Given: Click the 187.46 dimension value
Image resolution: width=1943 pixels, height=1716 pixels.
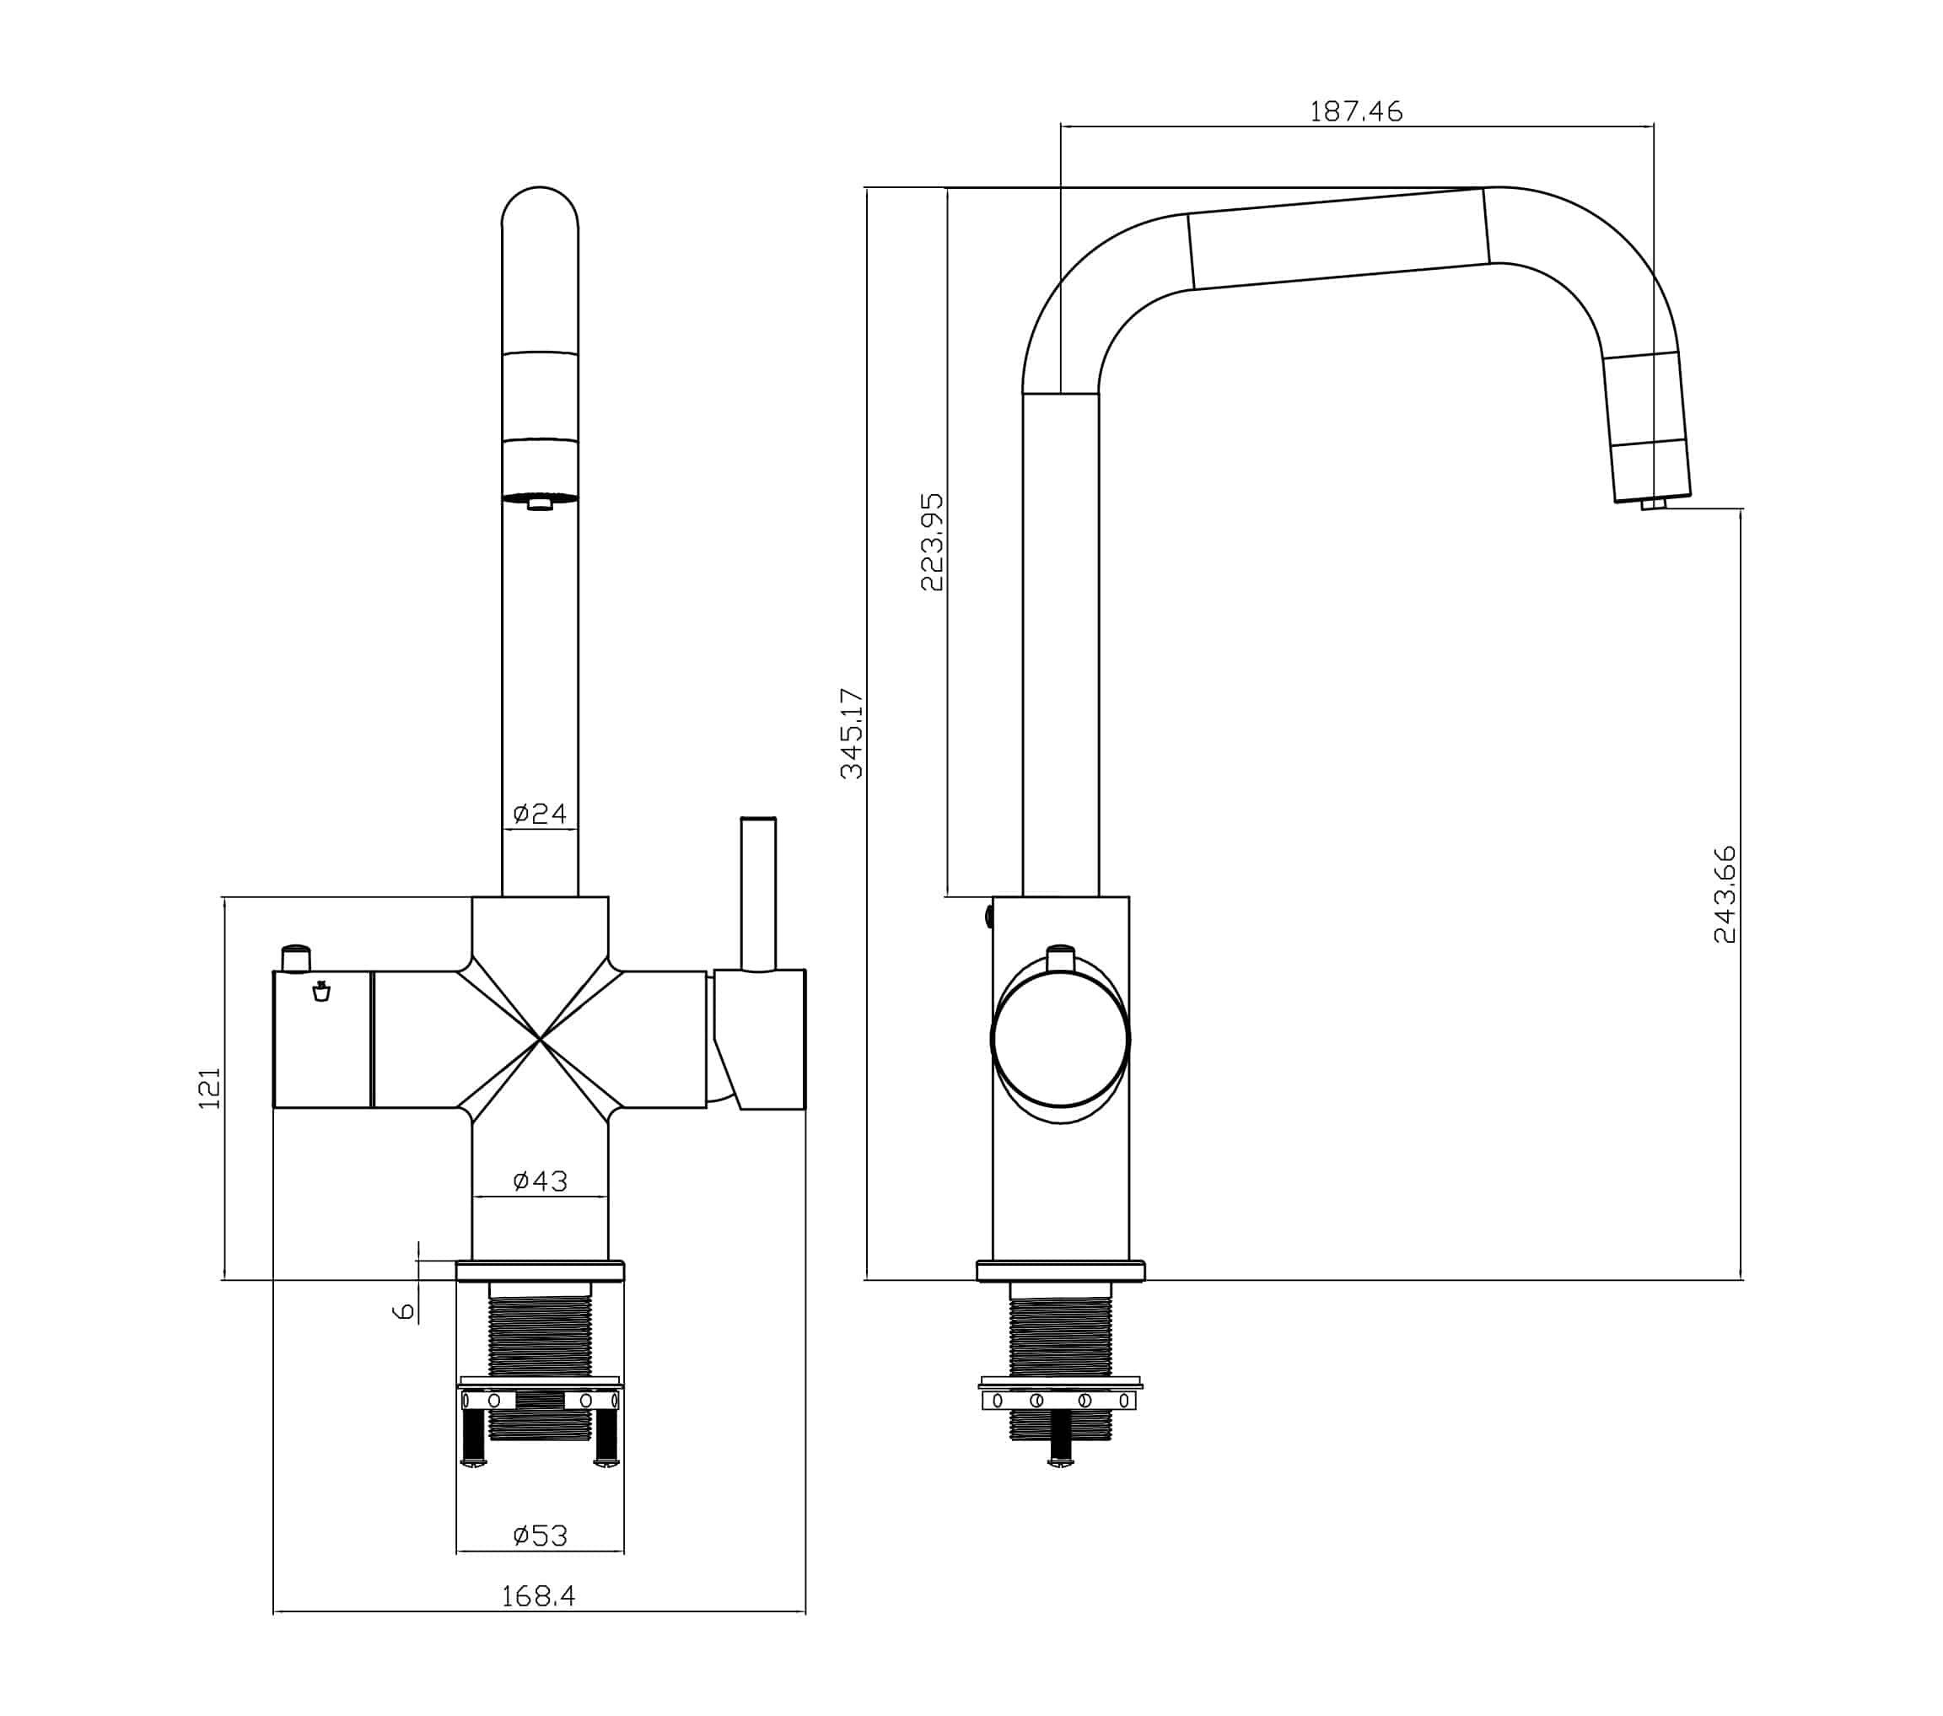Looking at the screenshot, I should [x=1355, y=112].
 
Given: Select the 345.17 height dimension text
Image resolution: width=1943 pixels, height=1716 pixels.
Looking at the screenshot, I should [x=852, y=733].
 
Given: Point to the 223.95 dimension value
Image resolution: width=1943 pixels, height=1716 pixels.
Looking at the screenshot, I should [x=933, y=541].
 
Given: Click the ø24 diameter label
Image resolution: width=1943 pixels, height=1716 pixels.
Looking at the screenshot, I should [x=539, y=813].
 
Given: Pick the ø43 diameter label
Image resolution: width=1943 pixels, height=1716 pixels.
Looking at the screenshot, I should [x=539, y=1181].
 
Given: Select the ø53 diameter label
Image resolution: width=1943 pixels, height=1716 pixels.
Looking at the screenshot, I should [x=539, y=1536].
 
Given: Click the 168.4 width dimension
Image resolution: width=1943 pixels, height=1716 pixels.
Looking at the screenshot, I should [x=538, y=1596].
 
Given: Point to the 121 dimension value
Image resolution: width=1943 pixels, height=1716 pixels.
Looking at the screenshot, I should [x=209, y=1088].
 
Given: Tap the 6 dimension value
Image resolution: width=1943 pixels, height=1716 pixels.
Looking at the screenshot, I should [x=404, y=1311].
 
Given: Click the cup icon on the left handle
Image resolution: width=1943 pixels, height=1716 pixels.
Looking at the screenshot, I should [x=321, y=992].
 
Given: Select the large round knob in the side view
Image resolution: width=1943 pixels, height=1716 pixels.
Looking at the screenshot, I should [x=1060, y=1039].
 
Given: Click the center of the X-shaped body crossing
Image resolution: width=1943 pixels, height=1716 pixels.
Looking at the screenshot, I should [x=540, y=1039].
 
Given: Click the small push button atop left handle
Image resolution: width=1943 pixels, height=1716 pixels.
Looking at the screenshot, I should [x=296, y=957].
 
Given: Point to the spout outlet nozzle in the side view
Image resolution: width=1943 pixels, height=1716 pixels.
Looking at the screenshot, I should [x=1653, y=504].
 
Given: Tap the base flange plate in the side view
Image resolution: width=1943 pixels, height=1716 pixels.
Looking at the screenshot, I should [x=1060, y=1271].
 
